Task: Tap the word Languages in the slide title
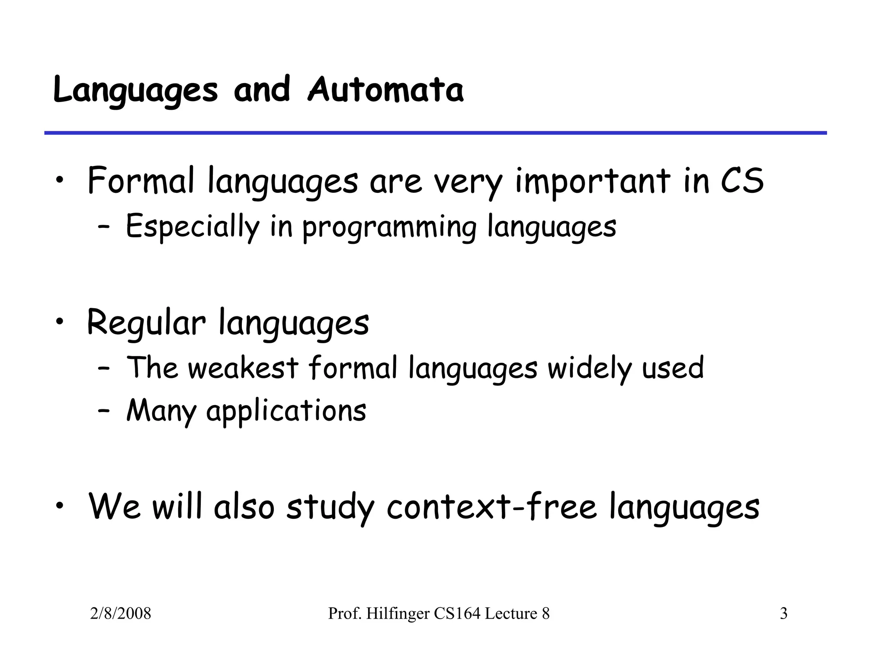pos(135,91)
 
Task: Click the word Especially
pos(193,227)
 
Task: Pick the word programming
pos(389,228)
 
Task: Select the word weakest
pos(243,368)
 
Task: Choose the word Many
pos(161,411)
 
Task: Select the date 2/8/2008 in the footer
pos(121,613)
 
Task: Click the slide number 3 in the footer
pos(783,613)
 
